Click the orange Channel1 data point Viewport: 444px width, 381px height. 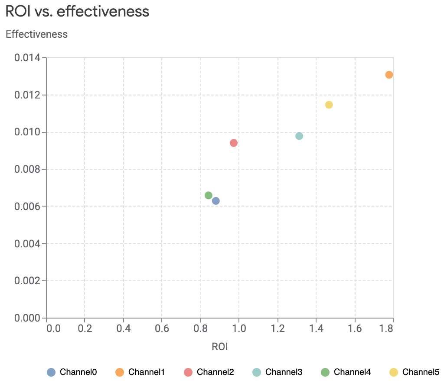coord(389,75)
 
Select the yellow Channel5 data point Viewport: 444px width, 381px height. coord(329,105)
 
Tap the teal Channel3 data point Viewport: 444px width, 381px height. coord(299,136)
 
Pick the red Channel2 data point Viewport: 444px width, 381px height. coord(234,143)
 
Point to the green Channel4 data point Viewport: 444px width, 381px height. coord(209,195)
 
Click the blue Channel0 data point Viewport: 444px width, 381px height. coord(216,201)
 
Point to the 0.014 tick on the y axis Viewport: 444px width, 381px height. coord(27,58)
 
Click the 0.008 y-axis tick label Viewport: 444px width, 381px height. coord(27,169)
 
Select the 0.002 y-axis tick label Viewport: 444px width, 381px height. coord(27,281)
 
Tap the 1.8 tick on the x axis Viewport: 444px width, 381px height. coord(386,328)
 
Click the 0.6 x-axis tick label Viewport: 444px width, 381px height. coord(162,328)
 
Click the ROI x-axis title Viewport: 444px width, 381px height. coord(219,347)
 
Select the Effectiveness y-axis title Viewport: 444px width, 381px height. coord(36,34)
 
